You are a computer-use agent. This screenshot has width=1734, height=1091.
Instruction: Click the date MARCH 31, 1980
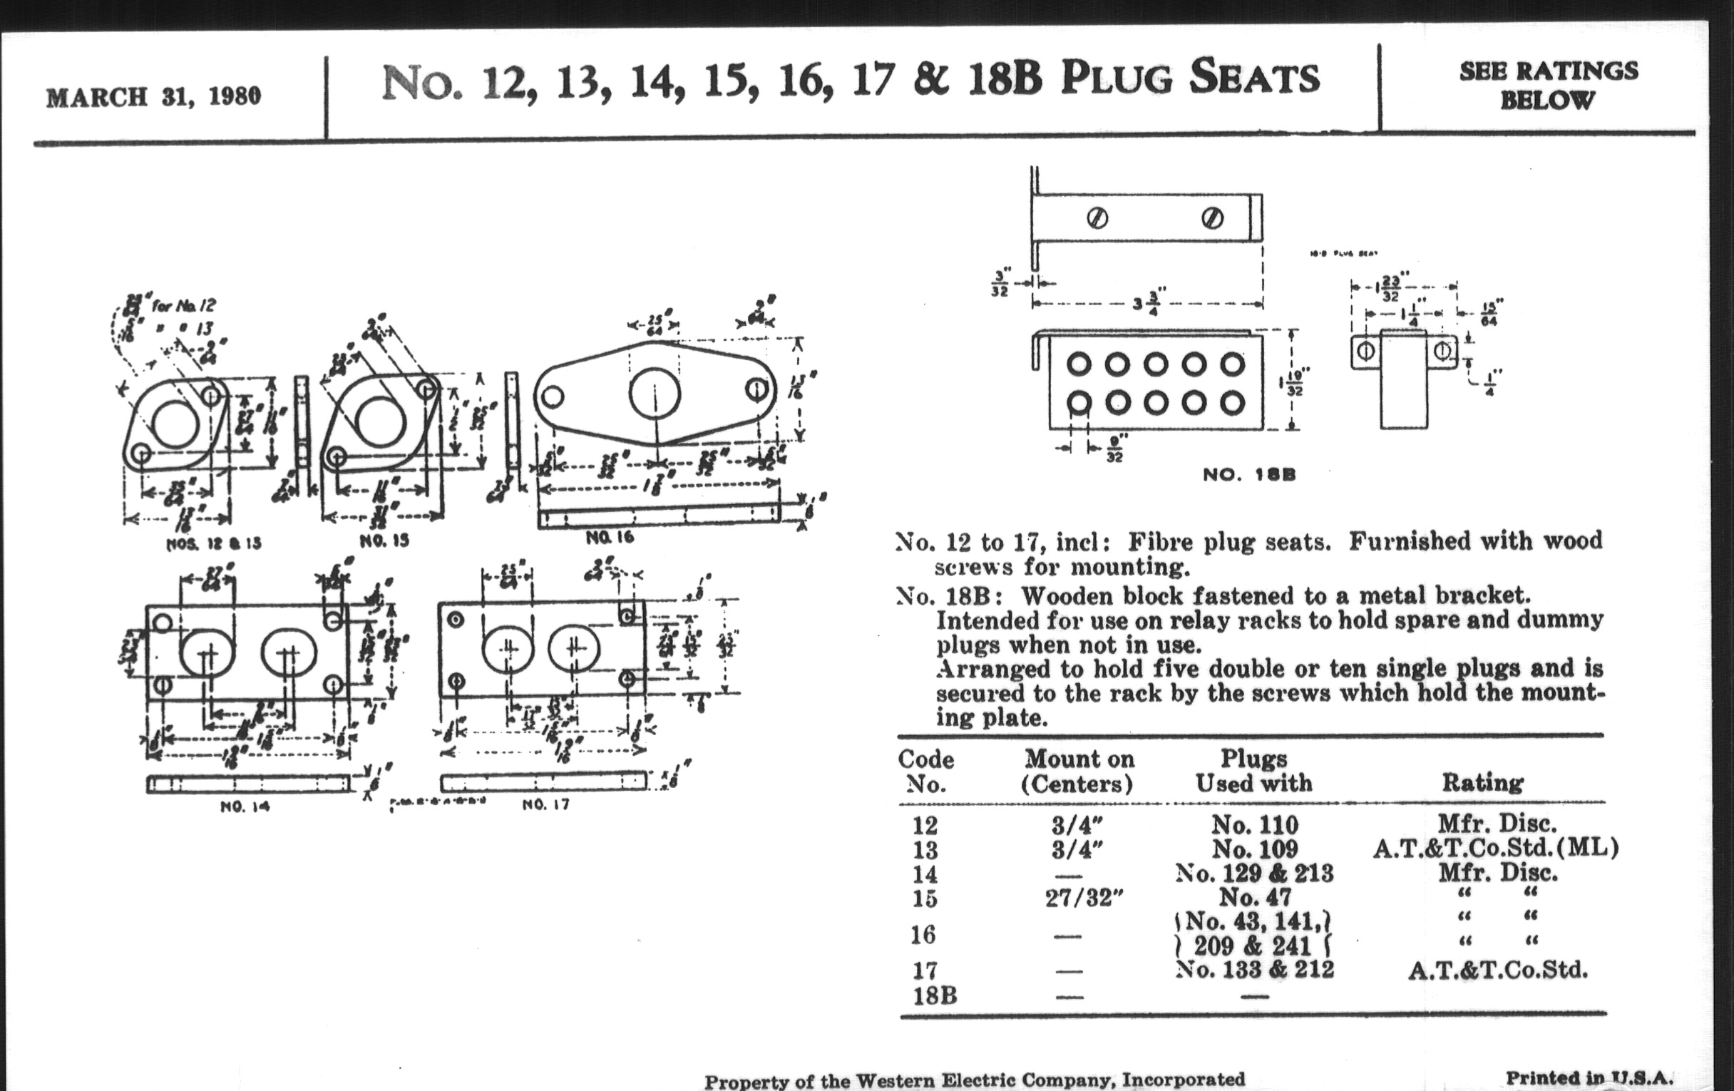coord(153,97)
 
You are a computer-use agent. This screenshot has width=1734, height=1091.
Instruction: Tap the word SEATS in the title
coord(1253,78)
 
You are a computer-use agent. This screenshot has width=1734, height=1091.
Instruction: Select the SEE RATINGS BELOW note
coord(1548,85)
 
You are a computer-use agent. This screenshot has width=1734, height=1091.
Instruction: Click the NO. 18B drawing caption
coord(1248,476)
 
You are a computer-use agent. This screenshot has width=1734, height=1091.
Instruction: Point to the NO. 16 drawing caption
coord(609,537)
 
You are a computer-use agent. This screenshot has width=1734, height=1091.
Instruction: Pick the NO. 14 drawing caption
coord(245,806)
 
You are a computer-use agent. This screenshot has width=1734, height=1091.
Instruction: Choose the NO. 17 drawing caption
coord(545,804)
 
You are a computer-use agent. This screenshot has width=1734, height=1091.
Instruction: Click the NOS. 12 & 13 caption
coord(213,543)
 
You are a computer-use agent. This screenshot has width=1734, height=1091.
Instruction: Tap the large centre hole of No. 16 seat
coord(654,394)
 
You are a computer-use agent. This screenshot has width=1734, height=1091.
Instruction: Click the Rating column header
coord(1482,783)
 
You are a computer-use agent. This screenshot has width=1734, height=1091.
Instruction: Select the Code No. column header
coord(925,772)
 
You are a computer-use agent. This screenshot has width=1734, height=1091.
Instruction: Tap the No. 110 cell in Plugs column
coord(1254,824)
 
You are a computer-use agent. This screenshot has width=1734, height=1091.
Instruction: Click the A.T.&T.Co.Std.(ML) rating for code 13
coord(1495,849)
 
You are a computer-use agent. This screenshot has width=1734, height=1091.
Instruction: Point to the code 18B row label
coord(935,996)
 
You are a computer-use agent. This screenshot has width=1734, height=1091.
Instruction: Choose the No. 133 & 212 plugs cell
coord(1254,970)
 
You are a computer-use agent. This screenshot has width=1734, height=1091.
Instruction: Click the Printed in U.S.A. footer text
coord(1589,1077)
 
